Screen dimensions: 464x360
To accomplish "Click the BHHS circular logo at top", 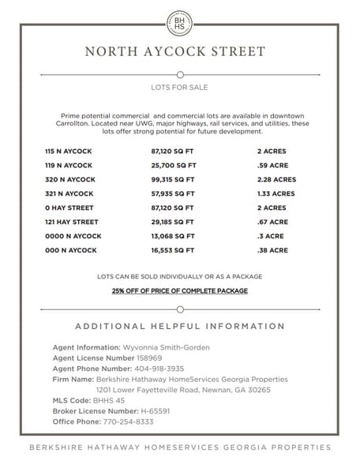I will [179, 23].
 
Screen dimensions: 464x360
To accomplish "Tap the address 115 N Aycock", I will [69, 150].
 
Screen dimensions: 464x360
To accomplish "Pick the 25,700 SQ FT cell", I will [173, 165].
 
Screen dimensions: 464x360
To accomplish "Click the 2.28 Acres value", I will [276, 179].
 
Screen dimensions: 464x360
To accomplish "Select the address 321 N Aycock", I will [69, 193].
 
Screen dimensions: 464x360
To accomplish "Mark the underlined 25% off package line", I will [179, 291].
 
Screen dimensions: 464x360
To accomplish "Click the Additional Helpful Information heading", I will [179, 326].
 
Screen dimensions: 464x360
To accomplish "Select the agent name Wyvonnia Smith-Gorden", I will [163, 347].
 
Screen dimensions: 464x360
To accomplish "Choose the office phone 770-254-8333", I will [126, 422].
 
